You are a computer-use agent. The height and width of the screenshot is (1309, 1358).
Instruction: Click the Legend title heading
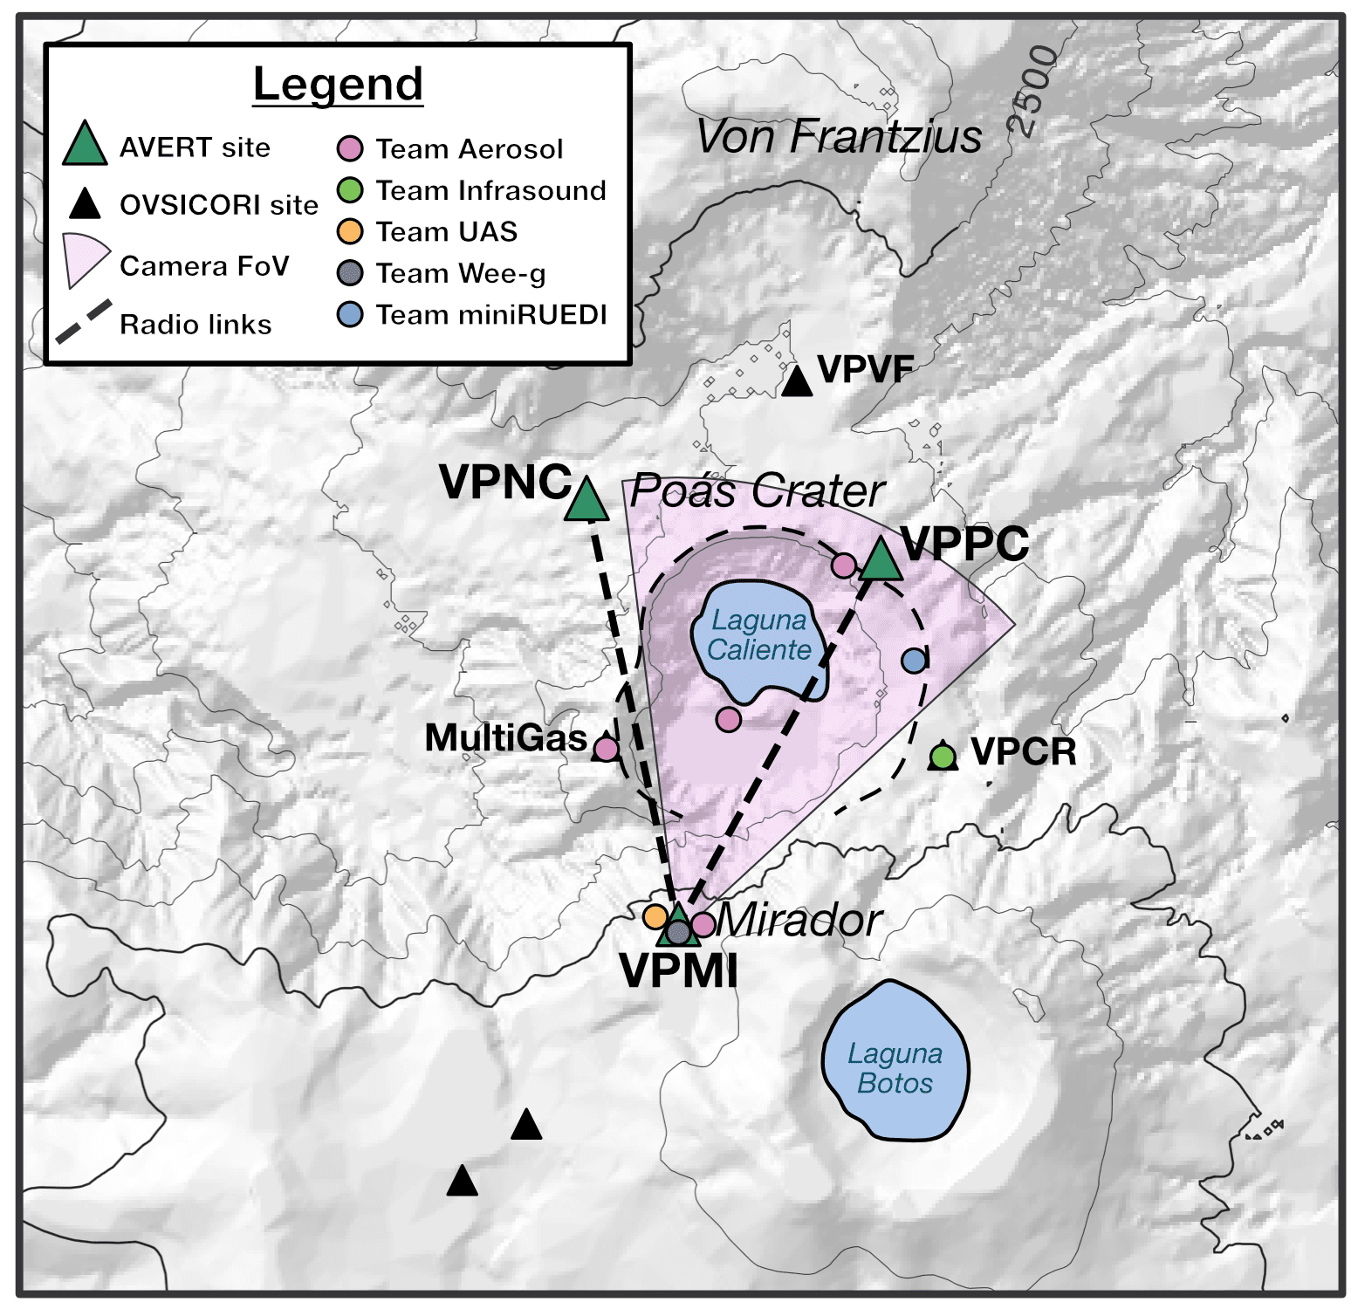coord(338,85)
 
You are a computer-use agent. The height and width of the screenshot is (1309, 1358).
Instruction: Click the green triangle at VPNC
coord(586,501)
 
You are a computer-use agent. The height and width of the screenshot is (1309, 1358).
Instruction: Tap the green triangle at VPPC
coord(881,560)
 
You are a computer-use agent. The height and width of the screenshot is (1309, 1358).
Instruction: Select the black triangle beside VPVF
coord(796,382)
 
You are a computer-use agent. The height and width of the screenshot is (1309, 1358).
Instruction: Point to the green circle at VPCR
coord(943,756)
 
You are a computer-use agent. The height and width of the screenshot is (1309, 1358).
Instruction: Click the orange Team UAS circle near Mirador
coord(655,916)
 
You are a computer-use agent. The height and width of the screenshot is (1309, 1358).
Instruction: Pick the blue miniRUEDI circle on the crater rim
coord(914,661)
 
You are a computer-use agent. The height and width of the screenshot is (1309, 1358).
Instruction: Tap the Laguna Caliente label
coord(759,635)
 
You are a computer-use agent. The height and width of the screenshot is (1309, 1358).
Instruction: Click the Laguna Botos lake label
coord(895,1068)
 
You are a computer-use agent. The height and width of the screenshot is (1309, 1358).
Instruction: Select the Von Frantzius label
coord(839,137)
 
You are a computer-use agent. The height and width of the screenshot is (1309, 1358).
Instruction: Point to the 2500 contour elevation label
coord(1034,92)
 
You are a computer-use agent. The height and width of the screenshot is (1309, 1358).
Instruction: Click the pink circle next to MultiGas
coord(606,749)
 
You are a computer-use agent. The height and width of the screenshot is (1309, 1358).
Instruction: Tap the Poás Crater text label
coord(758,490)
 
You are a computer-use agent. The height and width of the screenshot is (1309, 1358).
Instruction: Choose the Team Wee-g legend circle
coord(350,273)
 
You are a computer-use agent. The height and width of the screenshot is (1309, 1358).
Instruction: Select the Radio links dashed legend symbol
coord(84,322)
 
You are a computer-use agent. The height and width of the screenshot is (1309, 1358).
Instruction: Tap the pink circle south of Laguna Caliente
coord(729,719)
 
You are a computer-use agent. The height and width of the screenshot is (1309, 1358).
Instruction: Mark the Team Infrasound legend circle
coord(350,190)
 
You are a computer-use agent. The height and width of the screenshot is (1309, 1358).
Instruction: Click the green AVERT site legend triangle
coord(85,145)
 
